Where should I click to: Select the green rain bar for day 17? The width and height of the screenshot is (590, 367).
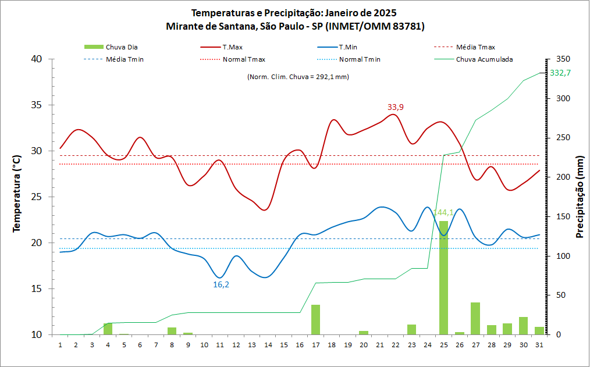click(x=315, y=319)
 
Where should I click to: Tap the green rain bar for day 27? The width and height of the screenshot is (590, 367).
click(x=475, y=318)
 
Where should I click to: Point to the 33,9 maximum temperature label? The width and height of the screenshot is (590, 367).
click(x=396, y=107)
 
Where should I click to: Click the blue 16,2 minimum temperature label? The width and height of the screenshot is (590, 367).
click(x=221, y=284)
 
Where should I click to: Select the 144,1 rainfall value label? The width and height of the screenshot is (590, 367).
click(x=443, y=213)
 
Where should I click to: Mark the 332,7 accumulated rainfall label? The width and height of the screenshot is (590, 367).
click(x=560, y=73)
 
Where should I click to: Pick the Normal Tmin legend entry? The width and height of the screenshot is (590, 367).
click(x=360, y=59)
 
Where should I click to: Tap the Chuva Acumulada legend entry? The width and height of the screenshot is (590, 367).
click(x=484, y=59)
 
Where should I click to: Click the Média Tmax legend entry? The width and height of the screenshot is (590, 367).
click(x=475, y=47)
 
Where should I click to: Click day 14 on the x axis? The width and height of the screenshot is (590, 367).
click(x=268, y=344)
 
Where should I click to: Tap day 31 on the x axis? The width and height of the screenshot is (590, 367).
click(x=539, y=344)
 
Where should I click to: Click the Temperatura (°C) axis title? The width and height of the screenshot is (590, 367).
click(x=17, y=194)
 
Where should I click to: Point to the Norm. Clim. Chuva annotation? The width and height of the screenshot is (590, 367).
click(x=298, y=77)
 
